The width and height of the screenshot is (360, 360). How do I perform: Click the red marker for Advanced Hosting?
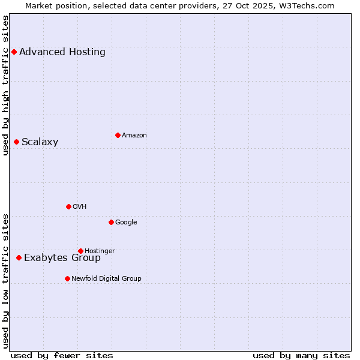(14, 52)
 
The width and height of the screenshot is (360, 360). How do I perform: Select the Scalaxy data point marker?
(16, 142)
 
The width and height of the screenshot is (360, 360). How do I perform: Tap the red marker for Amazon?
(118, 135)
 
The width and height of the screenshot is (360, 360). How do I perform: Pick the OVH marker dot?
(68, 206)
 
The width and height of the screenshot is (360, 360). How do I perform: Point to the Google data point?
(111, 222)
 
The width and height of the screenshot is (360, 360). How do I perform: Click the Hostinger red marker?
(80, 251)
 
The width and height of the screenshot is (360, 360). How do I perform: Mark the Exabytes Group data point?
(19, 257)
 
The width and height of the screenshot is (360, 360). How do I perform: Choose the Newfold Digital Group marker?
(67, 278)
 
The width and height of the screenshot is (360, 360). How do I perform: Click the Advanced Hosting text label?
(62, 52)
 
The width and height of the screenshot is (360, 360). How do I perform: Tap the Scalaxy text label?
(40, 142)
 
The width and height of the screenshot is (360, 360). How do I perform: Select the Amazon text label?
(134, 136)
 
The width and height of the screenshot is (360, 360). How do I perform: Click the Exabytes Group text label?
(62, 258)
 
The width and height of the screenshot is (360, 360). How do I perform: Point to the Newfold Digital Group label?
(107, 278)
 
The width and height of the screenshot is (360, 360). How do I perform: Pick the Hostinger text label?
(100, 251)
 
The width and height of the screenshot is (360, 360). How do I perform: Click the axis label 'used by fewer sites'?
(62, 355)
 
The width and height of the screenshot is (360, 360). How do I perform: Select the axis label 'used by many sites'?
(301, 355)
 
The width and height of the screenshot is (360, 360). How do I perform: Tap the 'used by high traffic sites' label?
(6, 85)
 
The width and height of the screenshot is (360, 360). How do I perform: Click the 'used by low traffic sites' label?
(6, 280)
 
